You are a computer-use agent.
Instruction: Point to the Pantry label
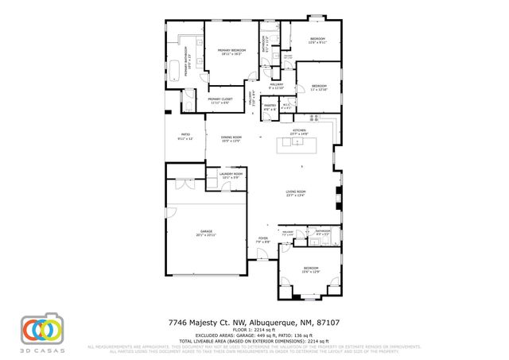tap(270, 106)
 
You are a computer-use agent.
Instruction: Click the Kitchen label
tap(299, 131)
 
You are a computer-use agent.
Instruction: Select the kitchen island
tap(296, 146)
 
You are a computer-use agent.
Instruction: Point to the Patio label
tap(185, 137)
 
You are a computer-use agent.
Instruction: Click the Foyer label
tap(262, 239)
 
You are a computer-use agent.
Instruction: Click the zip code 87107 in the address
tap(328, 323)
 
